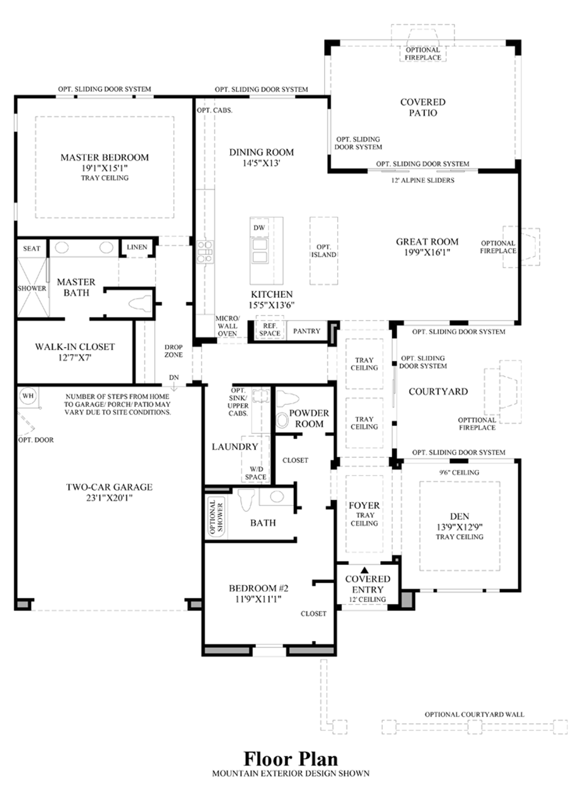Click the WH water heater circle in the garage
[28, 396]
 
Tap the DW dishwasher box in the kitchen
[259, 227]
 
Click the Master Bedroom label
[105, 157]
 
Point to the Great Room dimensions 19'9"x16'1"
[427, 253]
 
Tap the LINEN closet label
[137, 248]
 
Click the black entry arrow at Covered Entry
[364, 570]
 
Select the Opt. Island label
[323, 251]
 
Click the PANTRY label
[306, 331]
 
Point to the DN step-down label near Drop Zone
[174, 377]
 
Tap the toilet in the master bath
[140, 304]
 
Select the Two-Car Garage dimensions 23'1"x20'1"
[109, 498]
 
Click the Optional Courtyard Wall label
[474, 714]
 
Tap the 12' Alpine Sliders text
[423, 180]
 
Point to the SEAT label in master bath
[32, 249]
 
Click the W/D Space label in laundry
[255, 473]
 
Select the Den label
[460, 516]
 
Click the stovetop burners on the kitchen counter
[205, 252]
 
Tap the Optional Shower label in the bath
[216, 517]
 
